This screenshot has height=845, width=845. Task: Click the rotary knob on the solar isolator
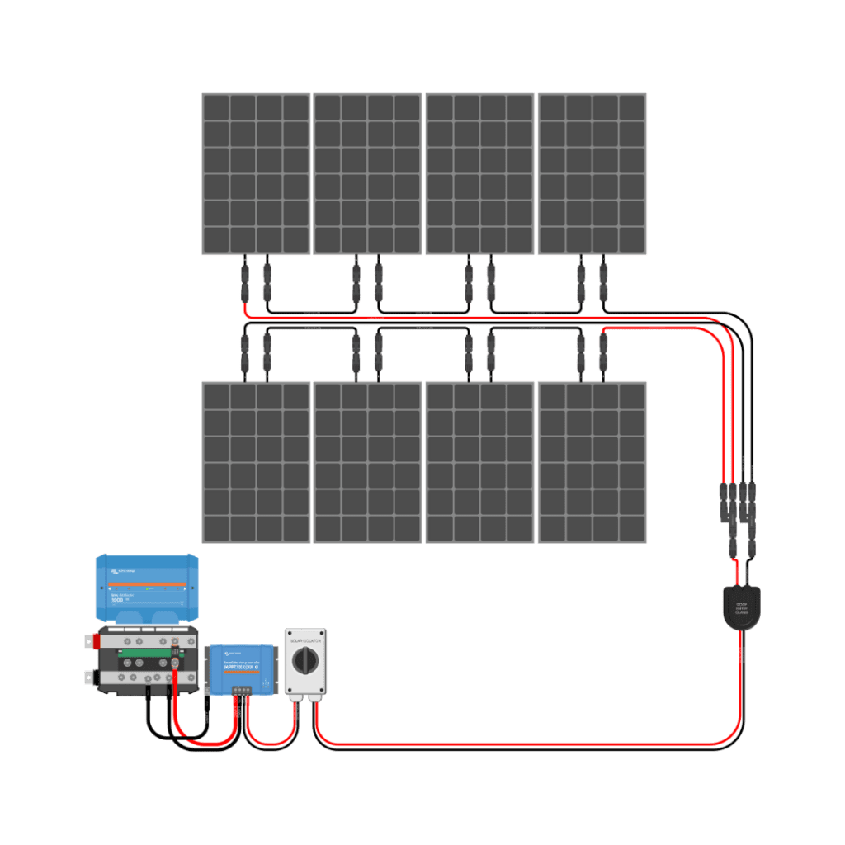[306, 659]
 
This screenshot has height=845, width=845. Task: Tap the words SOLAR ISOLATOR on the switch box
[306, 639]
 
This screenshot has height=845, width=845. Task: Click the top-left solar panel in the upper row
[256, 173]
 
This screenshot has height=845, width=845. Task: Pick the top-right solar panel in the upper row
[592, 173]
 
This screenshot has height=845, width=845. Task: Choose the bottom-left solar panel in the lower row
[256, 462]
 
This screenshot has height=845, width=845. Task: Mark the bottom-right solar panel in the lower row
[592, 462]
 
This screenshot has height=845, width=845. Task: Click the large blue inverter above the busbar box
[147, 587]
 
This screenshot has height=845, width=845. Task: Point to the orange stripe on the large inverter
[147, 583]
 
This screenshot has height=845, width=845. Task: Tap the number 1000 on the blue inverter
[119, 599]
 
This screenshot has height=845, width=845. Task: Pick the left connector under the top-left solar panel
[244, 281]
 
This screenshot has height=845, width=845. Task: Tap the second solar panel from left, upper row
[368, 173]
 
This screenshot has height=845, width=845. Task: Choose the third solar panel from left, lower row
[480, 462]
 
